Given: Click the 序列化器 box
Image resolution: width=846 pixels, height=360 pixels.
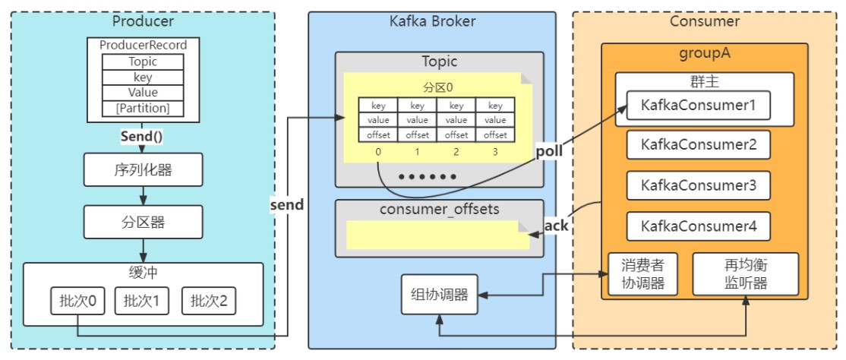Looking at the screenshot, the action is point(143,169).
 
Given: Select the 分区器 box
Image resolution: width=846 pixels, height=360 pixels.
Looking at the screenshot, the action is point(143,222).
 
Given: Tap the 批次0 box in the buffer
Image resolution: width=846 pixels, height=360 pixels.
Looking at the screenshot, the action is point(77,301).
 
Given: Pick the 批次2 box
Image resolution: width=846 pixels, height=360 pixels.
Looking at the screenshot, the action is point(209,301).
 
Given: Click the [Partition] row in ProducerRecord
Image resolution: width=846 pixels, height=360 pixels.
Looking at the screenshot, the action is point(143,109).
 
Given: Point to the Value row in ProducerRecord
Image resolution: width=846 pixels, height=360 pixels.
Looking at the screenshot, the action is point(143,93).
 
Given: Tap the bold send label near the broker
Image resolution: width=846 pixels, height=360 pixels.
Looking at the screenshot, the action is point(286,204).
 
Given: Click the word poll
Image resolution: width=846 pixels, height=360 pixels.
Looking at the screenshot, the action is point(549,151).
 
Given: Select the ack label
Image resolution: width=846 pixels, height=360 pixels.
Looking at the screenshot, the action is point(556,225).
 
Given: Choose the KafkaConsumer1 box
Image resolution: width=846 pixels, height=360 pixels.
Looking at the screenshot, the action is point(698,106).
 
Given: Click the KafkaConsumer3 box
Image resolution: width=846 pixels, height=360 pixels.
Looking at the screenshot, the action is point(698,185).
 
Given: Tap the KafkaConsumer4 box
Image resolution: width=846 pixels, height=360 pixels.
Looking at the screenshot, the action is point(698,226).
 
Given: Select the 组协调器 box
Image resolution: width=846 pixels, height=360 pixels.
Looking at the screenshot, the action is point(440,294).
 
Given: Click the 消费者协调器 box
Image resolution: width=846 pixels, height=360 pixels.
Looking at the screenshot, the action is point(642,273).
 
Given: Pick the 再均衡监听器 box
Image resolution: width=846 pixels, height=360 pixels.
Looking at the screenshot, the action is point(746,273).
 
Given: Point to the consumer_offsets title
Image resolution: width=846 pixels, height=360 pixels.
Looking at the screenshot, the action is point(439,209).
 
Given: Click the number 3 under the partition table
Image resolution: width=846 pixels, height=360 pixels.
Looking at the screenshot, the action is point(495,152).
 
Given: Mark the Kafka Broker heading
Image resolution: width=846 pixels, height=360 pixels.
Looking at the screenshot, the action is point(432,21).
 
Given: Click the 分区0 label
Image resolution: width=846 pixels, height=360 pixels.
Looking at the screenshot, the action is point(437,87).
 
